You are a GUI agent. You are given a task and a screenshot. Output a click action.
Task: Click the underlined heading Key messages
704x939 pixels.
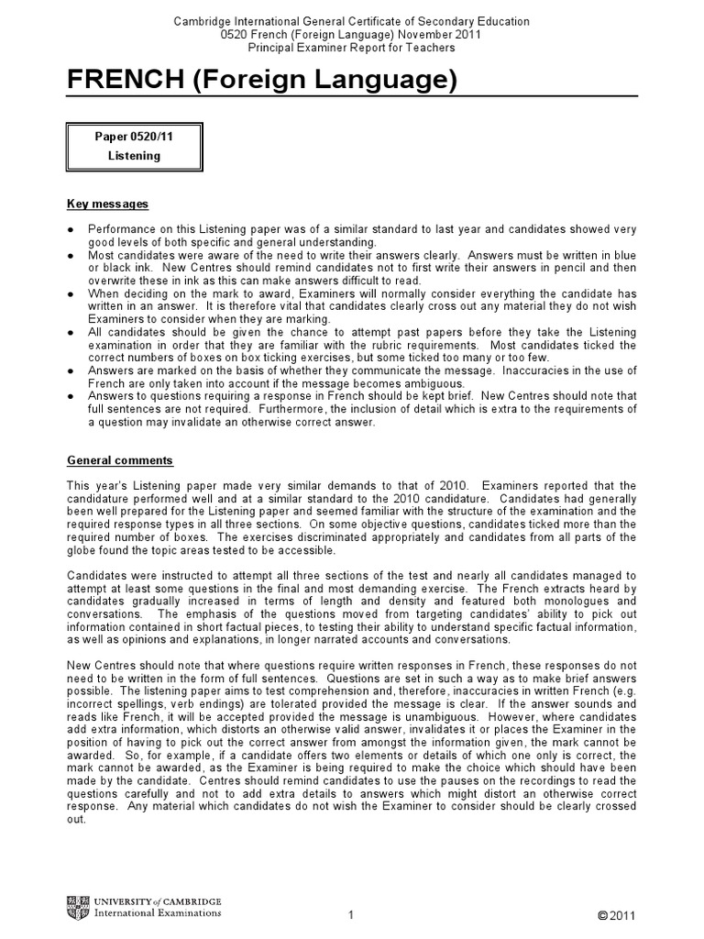(x=108, y=204)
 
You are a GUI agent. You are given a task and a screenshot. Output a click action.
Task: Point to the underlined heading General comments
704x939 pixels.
(x=120, y=460)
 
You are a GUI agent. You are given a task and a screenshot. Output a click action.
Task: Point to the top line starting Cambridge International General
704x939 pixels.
(x=352, y=21)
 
